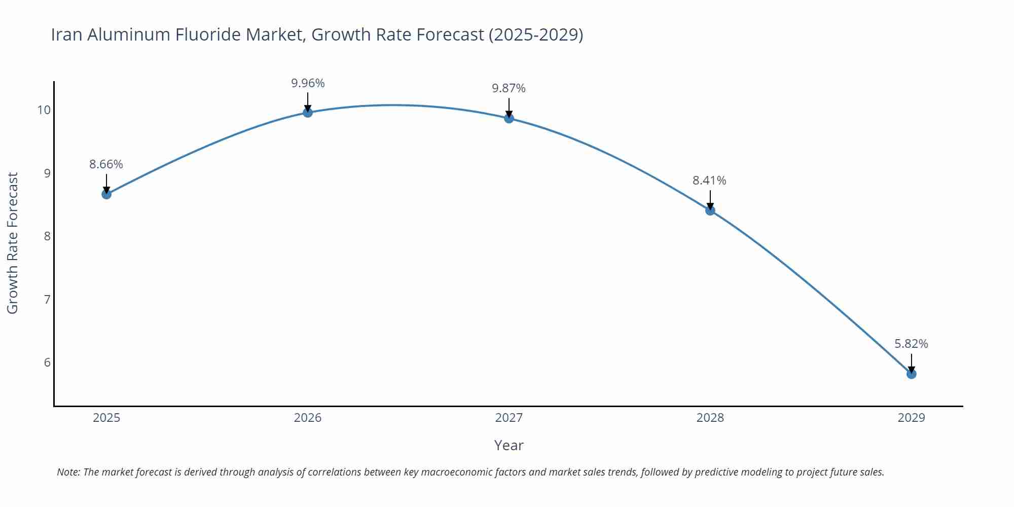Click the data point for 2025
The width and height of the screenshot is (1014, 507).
click(106, 194)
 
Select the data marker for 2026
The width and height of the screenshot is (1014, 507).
click(308, 112)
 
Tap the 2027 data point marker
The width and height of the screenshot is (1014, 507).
click(509, 118)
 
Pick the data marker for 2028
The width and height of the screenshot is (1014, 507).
click(710, 210)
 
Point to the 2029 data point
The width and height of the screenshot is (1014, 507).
click(911, 374)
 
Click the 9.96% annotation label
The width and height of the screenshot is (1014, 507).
click(308, 83)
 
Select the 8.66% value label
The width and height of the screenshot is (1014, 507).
click(106, 164)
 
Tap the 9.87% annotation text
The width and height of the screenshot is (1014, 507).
click(509, 88)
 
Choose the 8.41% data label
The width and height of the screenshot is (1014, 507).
click(709, 180)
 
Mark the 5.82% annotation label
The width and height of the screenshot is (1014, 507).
click(911, 344)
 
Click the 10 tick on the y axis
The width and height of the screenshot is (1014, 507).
click(44, 110)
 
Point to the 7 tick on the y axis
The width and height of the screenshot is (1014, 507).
click(47, 299)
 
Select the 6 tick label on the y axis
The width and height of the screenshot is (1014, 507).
click(47, 363)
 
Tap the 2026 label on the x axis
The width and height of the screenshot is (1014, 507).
click(308, 418)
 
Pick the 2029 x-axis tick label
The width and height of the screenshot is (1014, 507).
click(911, 418)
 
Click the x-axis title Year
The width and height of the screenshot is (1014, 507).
click(509, 445)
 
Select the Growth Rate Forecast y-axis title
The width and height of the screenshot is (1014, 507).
click(12, 243)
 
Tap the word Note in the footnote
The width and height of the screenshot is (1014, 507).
click(68, 472)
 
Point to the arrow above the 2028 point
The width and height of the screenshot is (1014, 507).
click(710, 200)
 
